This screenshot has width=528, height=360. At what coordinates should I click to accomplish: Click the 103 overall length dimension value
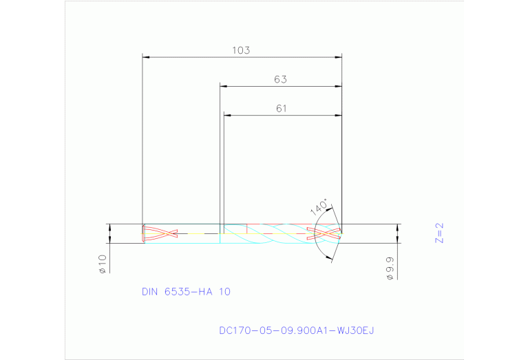241,50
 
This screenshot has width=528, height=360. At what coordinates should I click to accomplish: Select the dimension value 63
279,79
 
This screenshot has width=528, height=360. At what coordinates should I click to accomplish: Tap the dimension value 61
281,108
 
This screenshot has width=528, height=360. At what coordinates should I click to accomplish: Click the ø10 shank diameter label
102,264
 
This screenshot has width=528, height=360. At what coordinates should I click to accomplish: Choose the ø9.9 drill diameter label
390,266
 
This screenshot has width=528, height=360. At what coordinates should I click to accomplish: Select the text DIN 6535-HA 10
186,291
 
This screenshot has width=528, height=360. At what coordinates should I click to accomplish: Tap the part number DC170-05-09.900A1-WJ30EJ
296,330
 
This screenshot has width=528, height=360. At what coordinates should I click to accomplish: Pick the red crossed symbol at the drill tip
324,233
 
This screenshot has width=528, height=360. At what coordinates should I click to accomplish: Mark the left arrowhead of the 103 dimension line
145,56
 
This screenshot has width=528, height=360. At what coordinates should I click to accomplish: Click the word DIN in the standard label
150,291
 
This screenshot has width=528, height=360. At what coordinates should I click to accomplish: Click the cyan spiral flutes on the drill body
275,233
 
